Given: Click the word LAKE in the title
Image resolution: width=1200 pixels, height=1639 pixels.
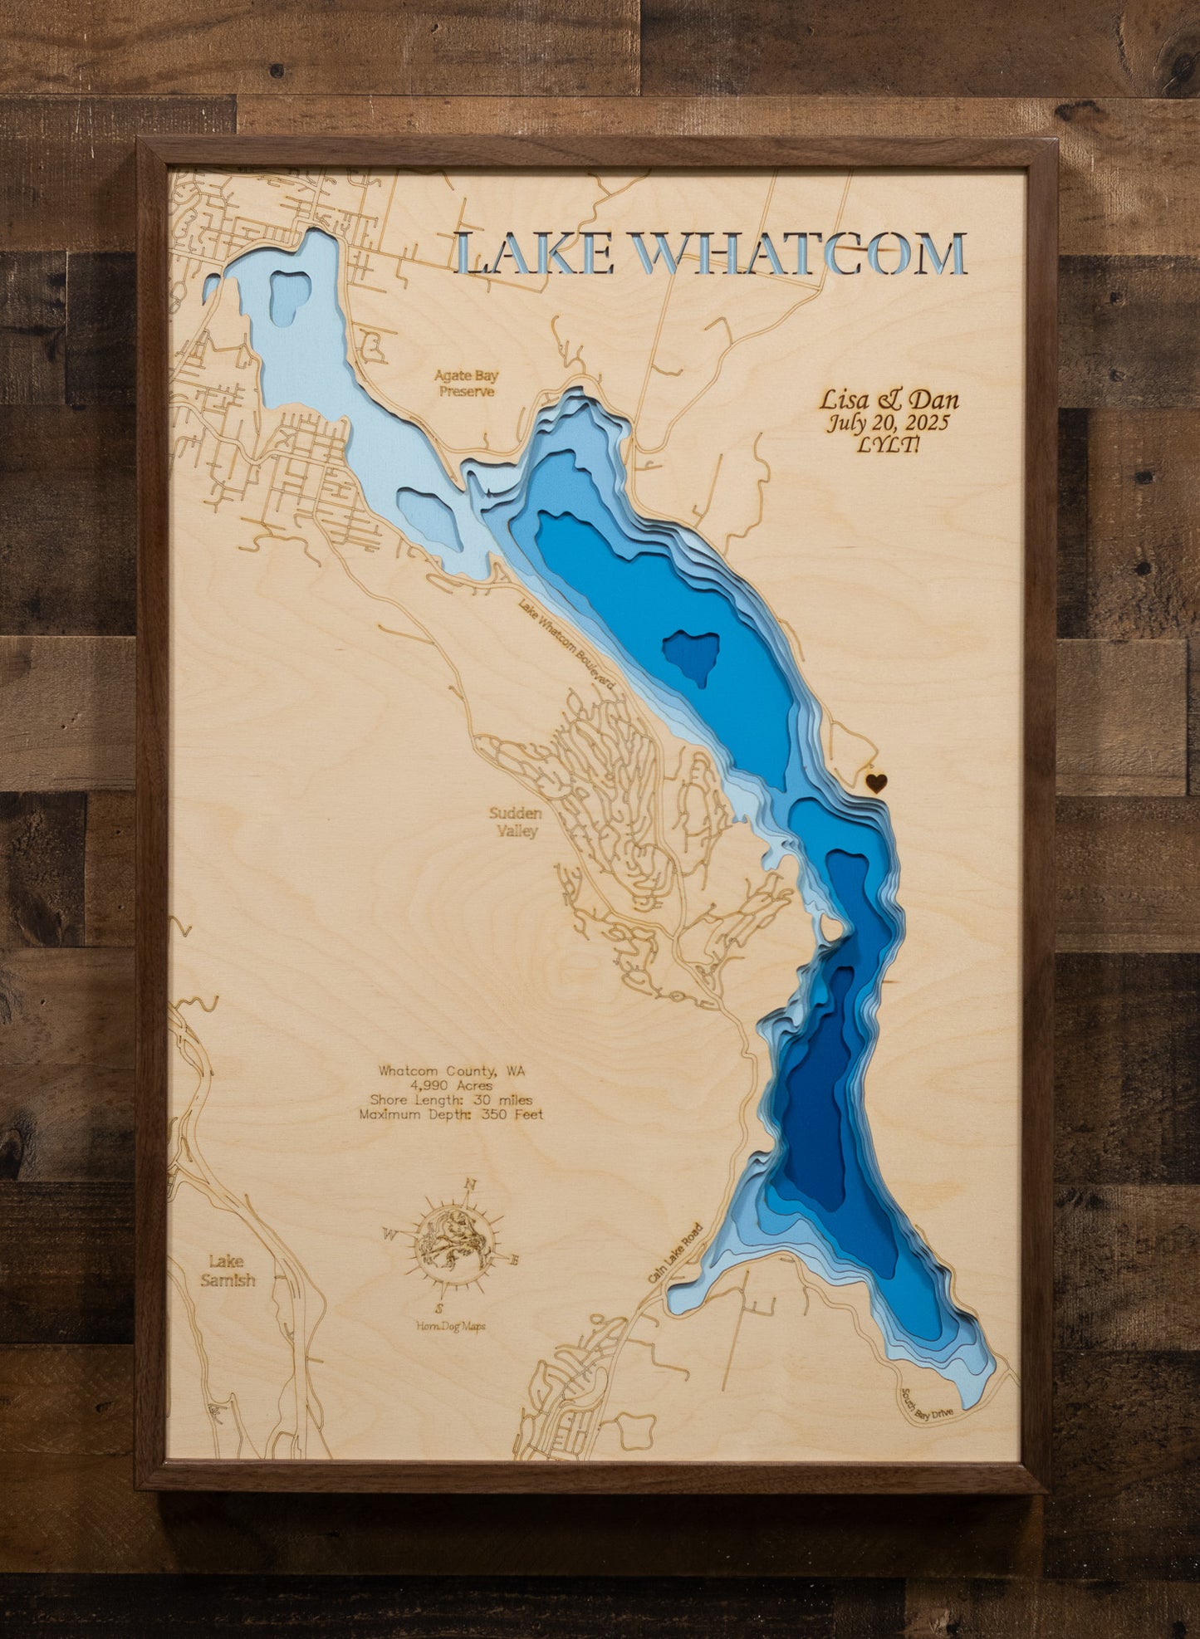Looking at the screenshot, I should point(536,254).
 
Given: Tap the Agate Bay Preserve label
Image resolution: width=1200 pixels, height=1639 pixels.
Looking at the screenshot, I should point(467,384).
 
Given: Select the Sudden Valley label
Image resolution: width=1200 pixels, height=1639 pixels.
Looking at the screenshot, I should point(516,822).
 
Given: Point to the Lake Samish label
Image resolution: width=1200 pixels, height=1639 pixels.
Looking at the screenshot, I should point(227,1270).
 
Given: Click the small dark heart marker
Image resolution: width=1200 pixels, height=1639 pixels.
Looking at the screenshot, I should point(876,781).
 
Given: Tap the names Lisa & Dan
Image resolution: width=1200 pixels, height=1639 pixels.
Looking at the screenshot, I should point(889,400).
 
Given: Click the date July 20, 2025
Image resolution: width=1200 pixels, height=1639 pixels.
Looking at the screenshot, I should point(887,423).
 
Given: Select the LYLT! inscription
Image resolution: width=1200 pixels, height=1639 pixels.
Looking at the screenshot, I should point(888,445).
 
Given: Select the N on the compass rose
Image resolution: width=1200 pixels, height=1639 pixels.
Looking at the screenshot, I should point(471,1186).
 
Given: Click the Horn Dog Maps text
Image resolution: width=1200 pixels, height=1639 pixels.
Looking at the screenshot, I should point(451,1327).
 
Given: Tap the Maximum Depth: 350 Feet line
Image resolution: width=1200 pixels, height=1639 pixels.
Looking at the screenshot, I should point(451,1115).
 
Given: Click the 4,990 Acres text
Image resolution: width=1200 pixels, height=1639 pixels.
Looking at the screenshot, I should point(451,1085).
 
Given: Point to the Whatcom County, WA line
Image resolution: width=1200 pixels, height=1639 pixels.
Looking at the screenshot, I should point(451,1071).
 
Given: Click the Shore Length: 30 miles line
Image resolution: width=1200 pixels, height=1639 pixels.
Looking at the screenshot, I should point(451,1100).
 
